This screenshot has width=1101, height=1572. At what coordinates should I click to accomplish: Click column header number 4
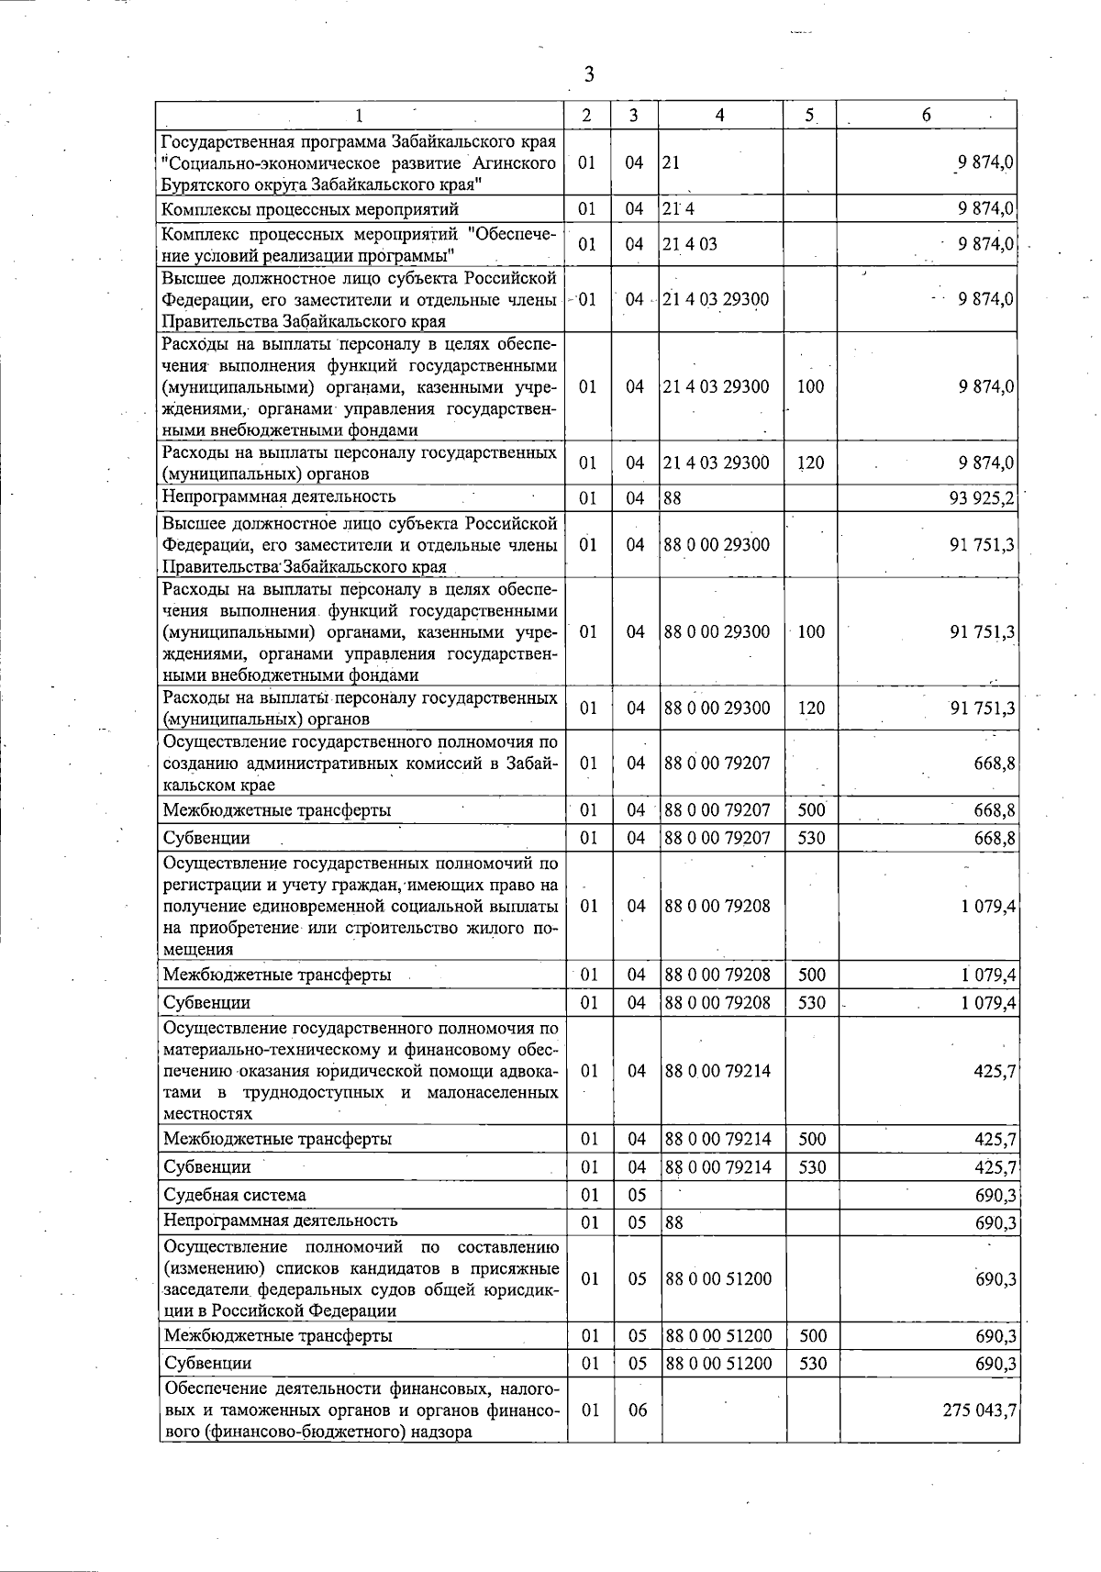point(720,115)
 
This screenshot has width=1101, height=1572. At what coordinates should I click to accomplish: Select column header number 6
point(927,115)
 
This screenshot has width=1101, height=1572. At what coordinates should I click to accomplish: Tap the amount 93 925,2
point(981,498)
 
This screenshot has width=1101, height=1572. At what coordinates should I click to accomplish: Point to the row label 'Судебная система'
point(235,1195)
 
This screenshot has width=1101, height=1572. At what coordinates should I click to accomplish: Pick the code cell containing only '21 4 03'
point(690,244)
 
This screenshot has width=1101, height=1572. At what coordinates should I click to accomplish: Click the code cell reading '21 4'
point(679,208)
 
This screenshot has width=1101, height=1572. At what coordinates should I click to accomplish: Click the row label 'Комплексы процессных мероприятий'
point(311,209)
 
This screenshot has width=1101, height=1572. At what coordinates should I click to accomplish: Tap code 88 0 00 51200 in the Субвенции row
point(718,1364)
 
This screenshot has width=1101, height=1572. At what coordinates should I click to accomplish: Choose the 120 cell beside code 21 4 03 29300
point(810,463)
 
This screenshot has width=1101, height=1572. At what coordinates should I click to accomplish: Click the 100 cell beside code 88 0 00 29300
point(812,632)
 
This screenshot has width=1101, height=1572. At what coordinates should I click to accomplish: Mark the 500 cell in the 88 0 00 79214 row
point(812,1140)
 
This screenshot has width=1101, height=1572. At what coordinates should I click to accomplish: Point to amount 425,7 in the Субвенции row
point(995,1167)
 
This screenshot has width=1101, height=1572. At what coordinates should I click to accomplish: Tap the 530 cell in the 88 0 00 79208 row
point(812,1003)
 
